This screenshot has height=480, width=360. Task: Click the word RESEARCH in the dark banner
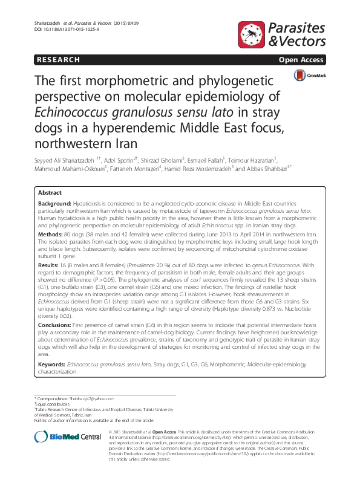point(59,60)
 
